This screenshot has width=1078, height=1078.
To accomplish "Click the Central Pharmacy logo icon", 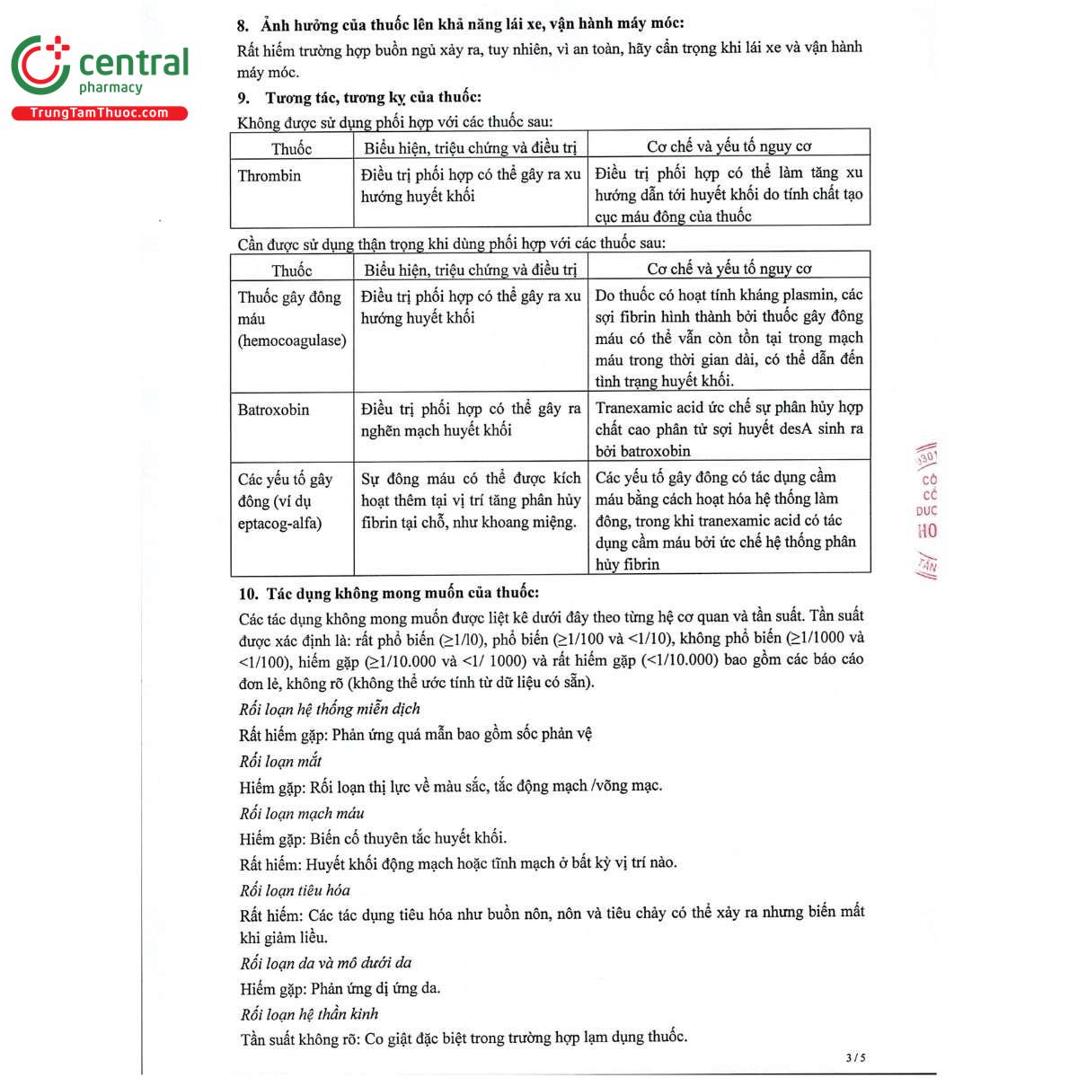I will pyautogui.click(x=40, y=65).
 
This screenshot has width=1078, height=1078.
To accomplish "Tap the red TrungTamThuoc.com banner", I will pyautogui.click(x=99, y=113).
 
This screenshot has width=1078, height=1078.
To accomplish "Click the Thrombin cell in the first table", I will pyautogui.click(x=269, y=176).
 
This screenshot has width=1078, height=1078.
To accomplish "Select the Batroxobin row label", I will pyautogui.click(x=273, y=410).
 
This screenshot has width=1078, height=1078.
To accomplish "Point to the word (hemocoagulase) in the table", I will pyautogui.click(x=292, y=340).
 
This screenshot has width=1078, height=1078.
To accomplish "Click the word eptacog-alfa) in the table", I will pyautogui.click(x=279, y=523).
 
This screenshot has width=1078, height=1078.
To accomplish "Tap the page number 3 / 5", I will pyautogui.click(x=855, y=1057).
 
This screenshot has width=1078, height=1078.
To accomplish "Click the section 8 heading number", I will pyautogui.click(x=243, y=24).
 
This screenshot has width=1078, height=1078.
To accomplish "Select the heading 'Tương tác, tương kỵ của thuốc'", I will pyautogui.click(x=373, y=97).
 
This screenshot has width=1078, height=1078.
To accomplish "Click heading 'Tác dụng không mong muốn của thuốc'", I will pyautogui.click(x=402, y=593).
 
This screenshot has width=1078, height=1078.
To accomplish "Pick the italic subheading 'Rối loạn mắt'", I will pyautogui.click(x=280, y=761).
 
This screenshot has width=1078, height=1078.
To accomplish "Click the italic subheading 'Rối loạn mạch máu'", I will pyautogui.click(x=302, y=813).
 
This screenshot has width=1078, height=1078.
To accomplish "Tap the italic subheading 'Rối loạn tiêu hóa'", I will pyautogui.click(x=295, y=890).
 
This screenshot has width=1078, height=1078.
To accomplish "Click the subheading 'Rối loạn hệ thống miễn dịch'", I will pyautogui.click(x=330, y=709).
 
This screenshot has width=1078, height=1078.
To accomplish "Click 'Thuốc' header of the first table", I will pyautogui.click(x=292, y=148).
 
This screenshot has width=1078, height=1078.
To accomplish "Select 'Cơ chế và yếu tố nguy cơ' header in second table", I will pyautogui.click(x=729, y=269).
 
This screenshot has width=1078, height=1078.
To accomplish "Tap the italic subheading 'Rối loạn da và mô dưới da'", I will pyautogui.click(x=325, y=963).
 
